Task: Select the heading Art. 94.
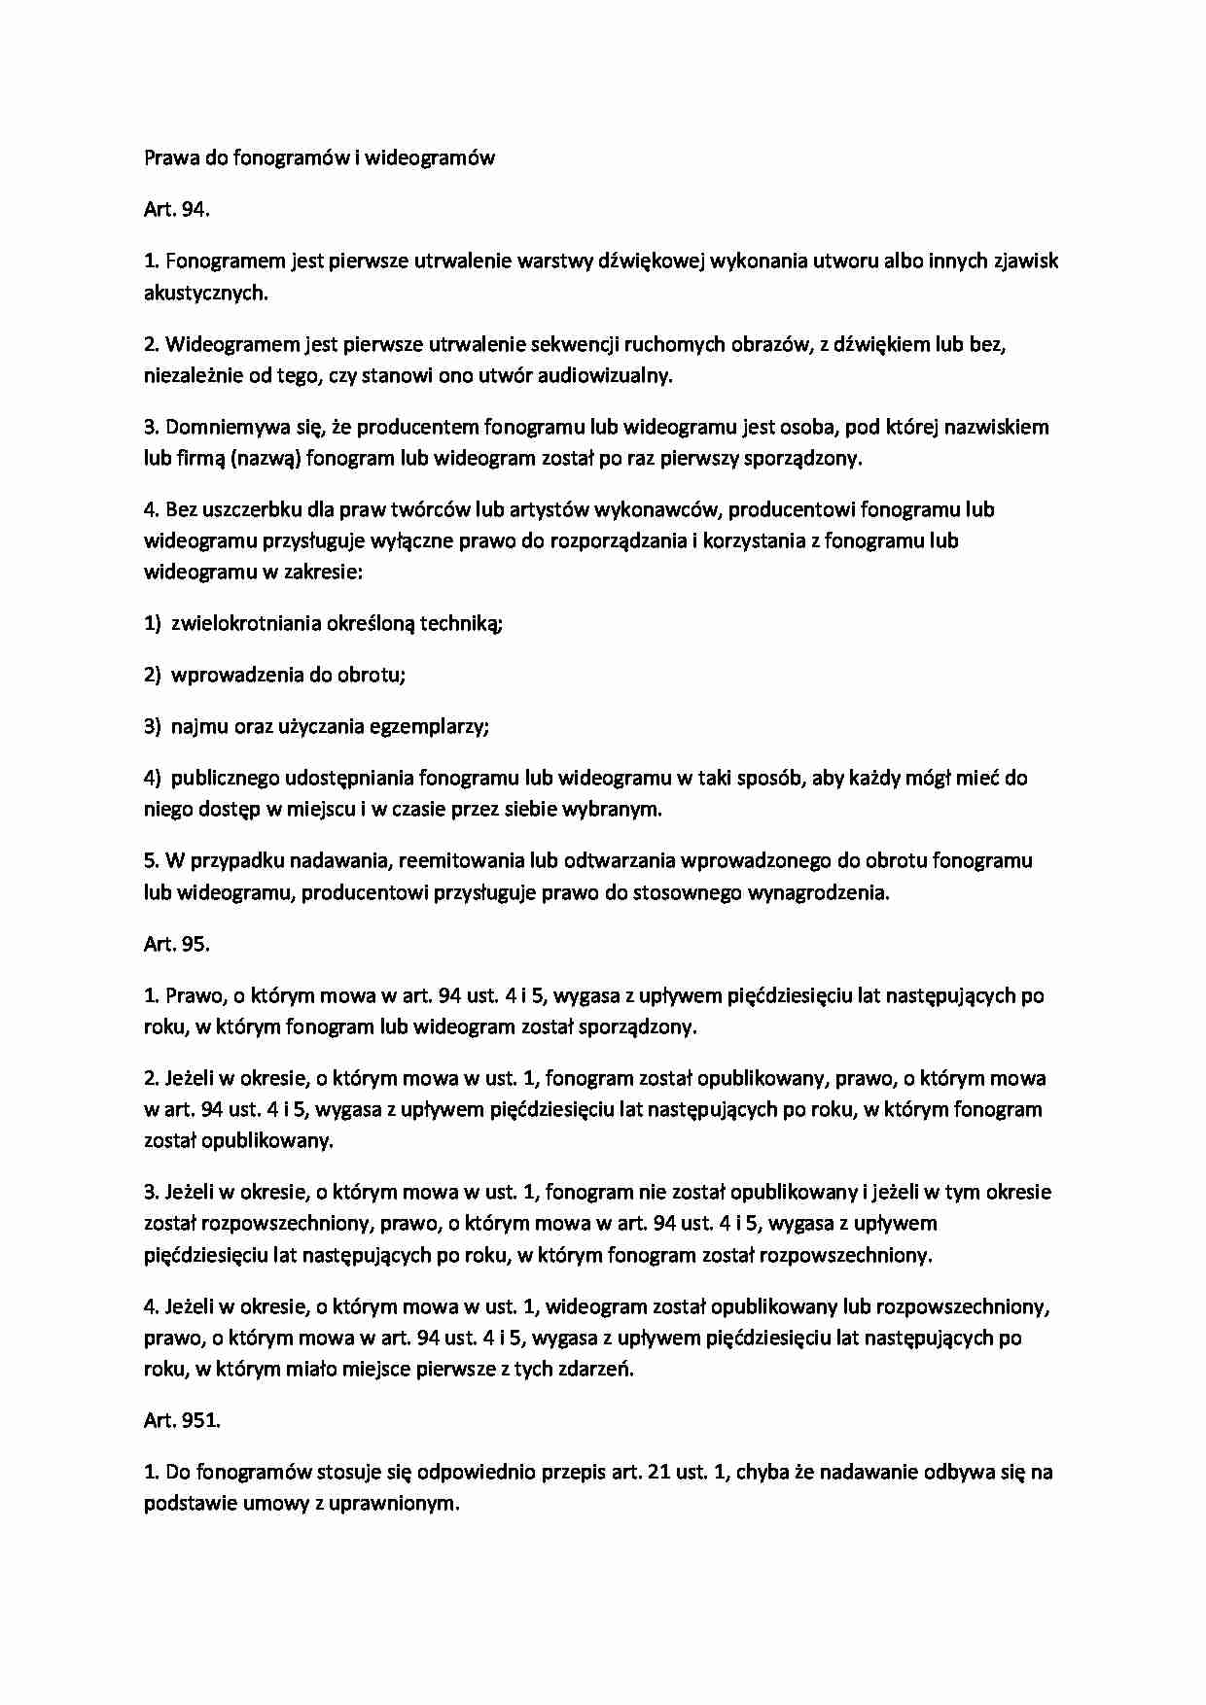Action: coord(176,209)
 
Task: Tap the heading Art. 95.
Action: coord(176,944)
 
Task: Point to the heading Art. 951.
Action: coord(182,1420)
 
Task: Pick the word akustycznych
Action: coord(204,293)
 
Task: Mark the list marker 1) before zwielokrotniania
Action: coord(152,624)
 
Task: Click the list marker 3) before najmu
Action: coord(152,726)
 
